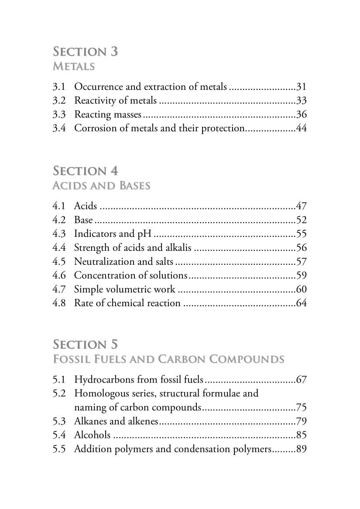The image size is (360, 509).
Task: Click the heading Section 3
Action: pyautogui.click(x=86, y=51)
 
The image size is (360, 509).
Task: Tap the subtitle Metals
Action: pyautogui.click(x=74, y=67)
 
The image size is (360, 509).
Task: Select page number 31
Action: pyautogui.click(x=302, y=86)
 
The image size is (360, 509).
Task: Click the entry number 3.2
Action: pyautogui.click(x=59, y=100)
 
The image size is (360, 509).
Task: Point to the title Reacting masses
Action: pyautogui.click(x=108, y=114)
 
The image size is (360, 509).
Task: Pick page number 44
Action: pyautogui.click(x=302, y=128)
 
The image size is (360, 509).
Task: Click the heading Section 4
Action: pyautogui.click(x=86, y=171)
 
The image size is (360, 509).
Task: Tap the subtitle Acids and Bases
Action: pyautogui.click(x=101, y=186)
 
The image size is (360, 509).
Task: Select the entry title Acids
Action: pyautogui.click(x=86, y=205)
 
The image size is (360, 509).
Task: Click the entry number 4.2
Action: pyautogui.click(x=59, y=219)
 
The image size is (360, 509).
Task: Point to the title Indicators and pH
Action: pyautogui.click(x=113, y=233)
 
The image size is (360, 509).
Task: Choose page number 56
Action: pyautogui.click(x=302, y=247)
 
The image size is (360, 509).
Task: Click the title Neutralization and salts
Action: pyautogui.click(x=123, y=261)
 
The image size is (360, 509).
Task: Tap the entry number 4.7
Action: pyautogui.click(x=59, y=289)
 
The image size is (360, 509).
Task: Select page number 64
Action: pyautogui.click(x=302, y=303)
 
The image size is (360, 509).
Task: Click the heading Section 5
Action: pyautogui.click(x=86, y=345)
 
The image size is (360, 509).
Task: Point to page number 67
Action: pyautogui.click(x=302, y=379)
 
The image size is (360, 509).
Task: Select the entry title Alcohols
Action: pyautogui.click(x=92, y=435)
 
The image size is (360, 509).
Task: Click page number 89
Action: pyautogui.click(x=302, y=449)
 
